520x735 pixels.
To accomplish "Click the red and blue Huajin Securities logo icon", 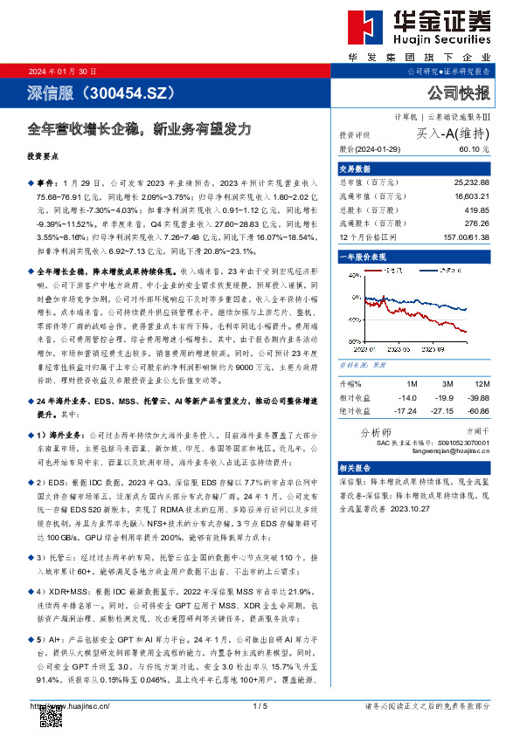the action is coord(365,28).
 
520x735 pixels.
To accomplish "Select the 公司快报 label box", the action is coord(458,93).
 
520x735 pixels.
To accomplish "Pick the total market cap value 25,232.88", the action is coord(471,182).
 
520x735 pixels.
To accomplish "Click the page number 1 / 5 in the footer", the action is coord(260,705).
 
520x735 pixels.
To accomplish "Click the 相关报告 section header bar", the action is coord(414,469).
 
